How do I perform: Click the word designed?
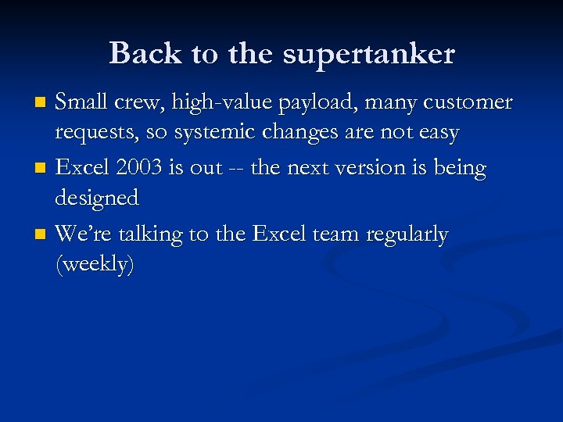[x=96, y=199]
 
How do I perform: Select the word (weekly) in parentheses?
[x=95, y=266]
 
